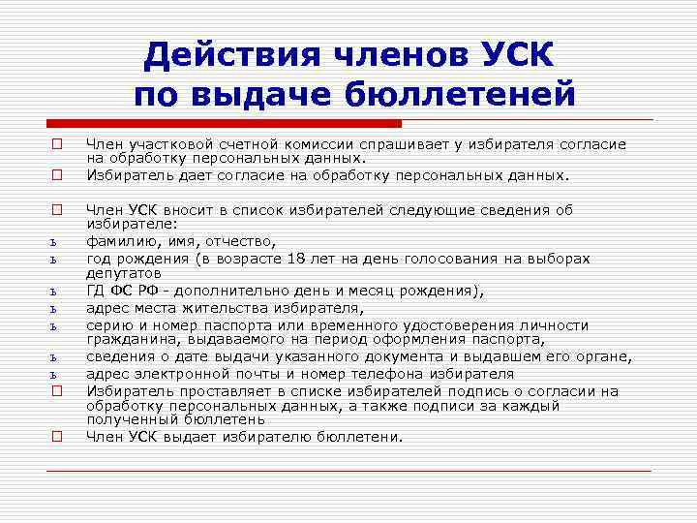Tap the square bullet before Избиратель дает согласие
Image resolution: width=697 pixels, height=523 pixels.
click(x=57, y=175)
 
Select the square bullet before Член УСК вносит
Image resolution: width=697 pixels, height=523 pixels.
click(x=57, y=208)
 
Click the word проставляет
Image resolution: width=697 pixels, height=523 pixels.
click(x=211, y=390)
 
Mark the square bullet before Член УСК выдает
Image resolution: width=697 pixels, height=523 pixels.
click(x=57, y=437)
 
